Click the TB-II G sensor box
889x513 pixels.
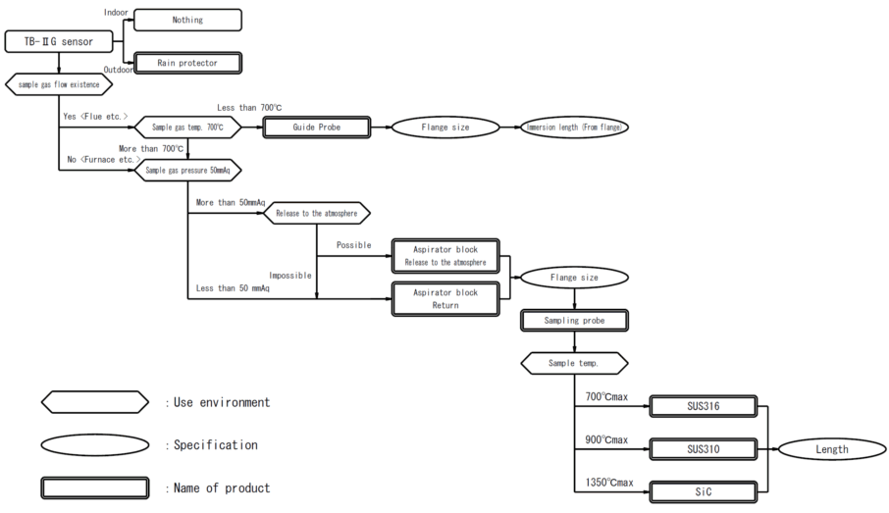pyautogui.click(x=59, y=42)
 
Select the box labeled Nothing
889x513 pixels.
pyautogui.click(x=187, y=20)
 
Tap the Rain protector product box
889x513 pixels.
pyautogui.click(x=187, y=63)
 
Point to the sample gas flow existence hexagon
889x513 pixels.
pyautogui.click(x=59, y=84)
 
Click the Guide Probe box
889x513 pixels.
pyautogui.click(x=316, y=127)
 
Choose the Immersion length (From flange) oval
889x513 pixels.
pyautogui.click(x=574, y=127)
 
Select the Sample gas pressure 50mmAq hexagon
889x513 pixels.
pyautogui.click(x=187, y=170)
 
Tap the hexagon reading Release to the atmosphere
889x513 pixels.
pyautogui.click(x=316, y=213)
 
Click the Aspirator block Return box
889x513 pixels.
pyautogui.click(x=445, y=299)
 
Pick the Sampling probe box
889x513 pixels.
pyautogui.click(x=574, y=321)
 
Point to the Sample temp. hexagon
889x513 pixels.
pyautogui.click(x=574, y=363)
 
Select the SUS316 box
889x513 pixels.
pyautogui.click(x=703, y=406)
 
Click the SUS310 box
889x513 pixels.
pyautogui.click(x=703, y=449)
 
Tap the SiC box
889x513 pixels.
pyautogui.click(x=703, y=491)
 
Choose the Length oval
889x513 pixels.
pyautogui.click(x=832, y=449)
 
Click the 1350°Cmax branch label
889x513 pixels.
pyautogui.click(x=609, y=483)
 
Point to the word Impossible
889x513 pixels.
pyautogui.click(x=290, y=276)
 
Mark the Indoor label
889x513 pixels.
pyautogui.click(x=116, y=12)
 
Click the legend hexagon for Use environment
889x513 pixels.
pyautogui.click(x=95, y=402)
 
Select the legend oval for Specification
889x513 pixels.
pyautogui.click(x=95, y=445)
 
